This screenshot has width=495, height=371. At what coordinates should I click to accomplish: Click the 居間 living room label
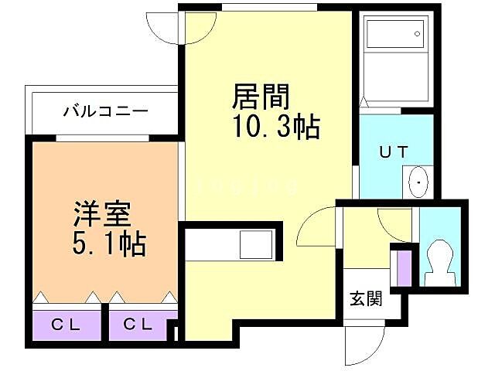click(x=261, y=97)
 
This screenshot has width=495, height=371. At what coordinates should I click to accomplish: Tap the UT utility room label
click(x=392, y=152)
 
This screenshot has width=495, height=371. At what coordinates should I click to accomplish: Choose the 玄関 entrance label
click(x=365, y=298)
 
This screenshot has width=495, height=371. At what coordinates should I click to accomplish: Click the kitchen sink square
click(x=254, y=245)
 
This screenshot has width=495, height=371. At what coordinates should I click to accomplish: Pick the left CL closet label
click(x=67, y=325)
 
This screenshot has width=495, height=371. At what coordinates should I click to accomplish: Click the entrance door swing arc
click(x=368, y=339)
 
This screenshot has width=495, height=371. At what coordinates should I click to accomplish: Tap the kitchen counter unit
click(x=232, y=245)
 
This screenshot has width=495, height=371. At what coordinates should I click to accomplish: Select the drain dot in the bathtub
click(x=417, y=33)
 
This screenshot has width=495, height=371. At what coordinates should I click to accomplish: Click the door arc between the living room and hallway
click(x=312, y=229)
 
